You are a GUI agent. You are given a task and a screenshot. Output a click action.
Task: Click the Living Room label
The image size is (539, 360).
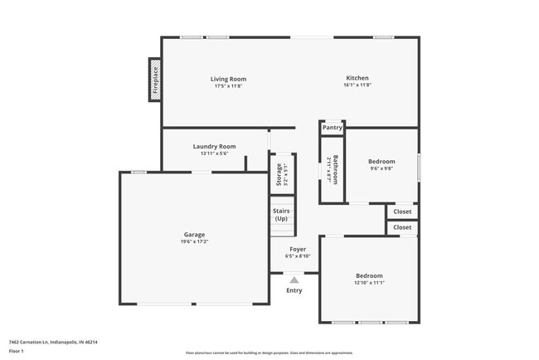pyautogui.click(x=230, y=79)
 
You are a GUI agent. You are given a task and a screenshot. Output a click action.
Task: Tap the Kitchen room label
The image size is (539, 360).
pyautogui.click(x=357, y=78)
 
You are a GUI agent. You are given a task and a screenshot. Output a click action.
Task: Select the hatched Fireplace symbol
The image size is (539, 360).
pyautogui.click(x=155, y=80)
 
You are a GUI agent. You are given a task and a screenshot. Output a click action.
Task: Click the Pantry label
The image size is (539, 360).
pyautogui.click(x=333, y=128)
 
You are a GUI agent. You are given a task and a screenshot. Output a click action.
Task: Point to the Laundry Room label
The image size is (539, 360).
pyautogui.click(x=215, y=146)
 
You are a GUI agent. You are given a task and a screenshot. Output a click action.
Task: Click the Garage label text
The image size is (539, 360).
pyautogui.click(x=194, y=234)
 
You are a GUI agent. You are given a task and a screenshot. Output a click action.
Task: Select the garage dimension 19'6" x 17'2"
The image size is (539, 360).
pyautogui.click(x=194, y=241)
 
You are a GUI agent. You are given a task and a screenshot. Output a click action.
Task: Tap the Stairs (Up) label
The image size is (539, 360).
pyautogui.click(x=281, y=214)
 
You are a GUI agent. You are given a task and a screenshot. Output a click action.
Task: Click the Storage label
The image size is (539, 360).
pyautogui.click(x=279, y=175)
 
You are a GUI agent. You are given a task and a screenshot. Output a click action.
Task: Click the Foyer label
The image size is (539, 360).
pyautogui.click(x=298, y=249)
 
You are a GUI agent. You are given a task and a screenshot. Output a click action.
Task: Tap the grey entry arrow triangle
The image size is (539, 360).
pyautogui.click(x=294, y=280)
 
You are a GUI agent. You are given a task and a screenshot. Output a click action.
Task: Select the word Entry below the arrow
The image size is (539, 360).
pyautogui.click(x=294, y=290)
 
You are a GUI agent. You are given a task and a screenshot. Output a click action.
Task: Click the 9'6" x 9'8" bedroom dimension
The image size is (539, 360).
pyautogui.click(x=381, y=168)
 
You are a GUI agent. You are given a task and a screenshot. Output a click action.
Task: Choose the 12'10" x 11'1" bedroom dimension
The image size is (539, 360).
pyautogui.click(x=370, y=283)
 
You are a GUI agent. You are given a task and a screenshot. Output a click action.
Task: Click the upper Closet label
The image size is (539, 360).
pyautogui.click(x=402, y=212)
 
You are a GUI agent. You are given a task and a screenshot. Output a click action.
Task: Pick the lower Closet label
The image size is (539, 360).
pyautogui.click(x=402, y=227)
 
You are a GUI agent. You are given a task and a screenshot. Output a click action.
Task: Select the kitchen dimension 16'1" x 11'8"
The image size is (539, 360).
pyautogui.click(x=357, y=85)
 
